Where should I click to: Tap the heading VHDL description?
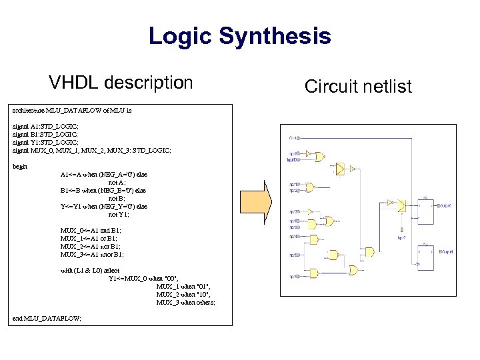pyautogui.click(x=121, y=83)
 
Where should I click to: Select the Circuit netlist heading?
pyautogui.click(x=358, y=86)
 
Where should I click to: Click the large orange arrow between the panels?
pyautogui.click(x=265, y=205)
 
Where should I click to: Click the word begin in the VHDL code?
pyautogui.click(x=20, y=166)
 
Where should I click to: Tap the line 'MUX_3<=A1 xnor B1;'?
pyautogui.click(x=92, y=254)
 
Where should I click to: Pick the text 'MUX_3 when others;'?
pyautogui.click(x=185, y=302)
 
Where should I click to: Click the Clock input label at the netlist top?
pyautogui.click(x=293, y=138)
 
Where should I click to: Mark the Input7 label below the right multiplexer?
pyautogui.click(x=401, y=237)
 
